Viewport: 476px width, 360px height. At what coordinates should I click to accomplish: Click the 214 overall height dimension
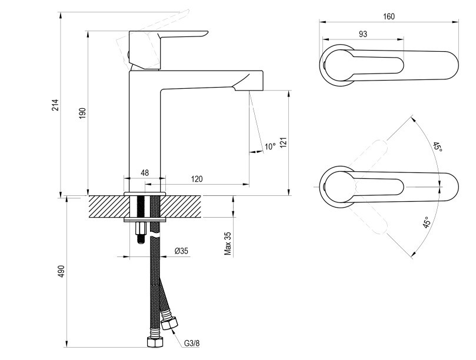pyautogui.click(x=55, y=105)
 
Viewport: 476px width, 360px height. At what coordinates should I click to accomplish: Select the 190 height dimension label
pyautogui.click(x=82, y=113)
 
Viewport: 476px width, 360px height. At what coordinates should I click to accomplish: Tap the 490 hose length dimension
pyautogui.click(x=62, y=271)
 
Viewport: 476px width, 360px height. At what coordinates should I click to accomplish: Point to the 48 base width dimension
pyautogui.click(x=145, y=173)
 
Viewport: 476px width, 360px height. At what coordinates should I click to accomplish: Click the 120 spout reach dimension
pyautogui.click(x=197, y=179)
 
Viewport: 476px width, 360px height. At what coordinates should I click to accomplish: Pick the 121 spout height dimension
pyautogui.click(x=283, y=143)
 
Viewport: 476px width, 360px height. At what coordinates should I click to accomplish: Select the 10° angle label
pyautogui.click(x=270, y=146)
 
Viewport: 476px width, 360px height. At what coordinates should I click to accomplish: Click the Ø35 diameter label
pyautogui.click(x=182, y=251)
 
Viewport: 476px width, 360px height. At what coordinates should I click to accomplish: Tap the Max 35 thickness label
pyautogui.click(x=228, y=244)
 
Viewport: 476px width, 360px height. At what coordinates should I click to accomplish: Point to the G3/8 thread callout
pyautogui.click(x=192, y=344)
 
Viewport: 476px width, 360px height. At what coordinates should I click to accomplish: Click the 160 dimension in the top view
pyautogui.click(x=389, y=16)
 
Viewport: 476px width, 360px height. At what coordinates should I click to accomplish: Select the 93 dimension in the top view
pyautogui.click(x=363, y=34)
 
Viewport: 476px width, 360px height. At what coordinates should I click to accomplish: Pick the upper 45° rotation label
pyautogui.click(x=437, y=148)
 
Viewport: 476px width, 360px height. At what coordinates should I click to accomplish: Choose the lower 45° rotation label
pyautogui.click(x=426, y=222)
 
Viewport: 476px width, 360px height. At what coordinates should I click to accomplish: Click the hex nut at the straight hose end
pyautogui.click(x=155, y=342)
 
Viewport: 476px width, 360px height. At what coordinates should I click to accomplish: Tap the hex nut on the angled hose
pyautogui.click(x=169, y=323)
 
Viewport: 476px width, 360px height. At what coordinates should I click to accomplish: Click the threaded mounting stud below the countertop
pyautogui.click(x=140, y=232)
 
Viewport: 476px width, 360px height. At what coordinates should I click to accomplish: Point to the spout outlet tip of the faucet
pyautogui.click(x=249, y=90)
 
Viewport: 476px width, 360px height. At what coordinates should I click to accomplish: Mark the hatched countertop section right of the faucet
pyautogui.click(x=180, y=206)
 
